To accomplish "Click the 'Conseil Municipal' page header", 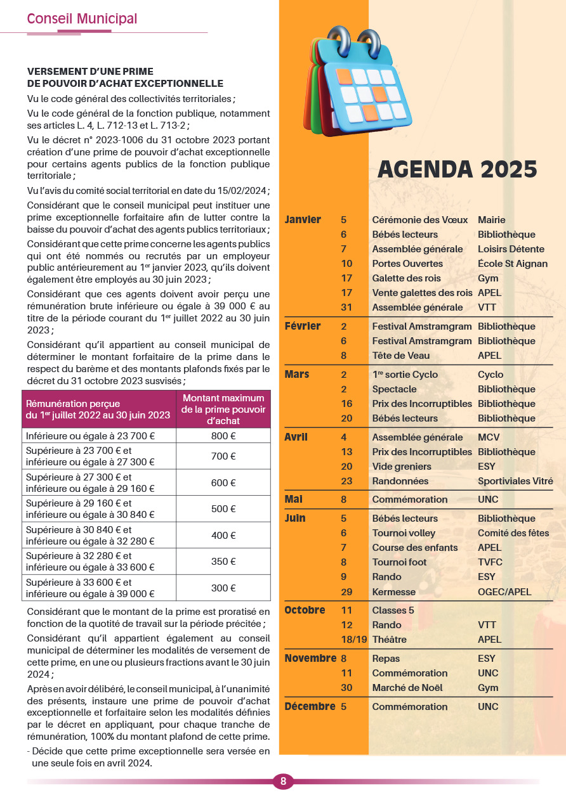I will pyautogui.click(x=82, y=19).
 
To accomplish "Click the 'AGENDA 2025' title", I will pyautogui.click(x=457, y=169).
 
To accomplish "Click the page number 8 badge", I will pyautogui.click(x=283, y=782).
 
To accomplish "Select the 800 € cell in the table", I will pyautogui.click(x=223, y=435).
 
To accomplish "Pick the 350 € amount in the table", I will pyautogui.click(x=223, y=561).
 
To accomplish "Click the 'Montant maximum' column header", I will pyautogui.click(x=223, y=409).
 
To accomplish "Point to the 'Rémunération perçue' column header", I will pyautogui.click(x=98, y=409).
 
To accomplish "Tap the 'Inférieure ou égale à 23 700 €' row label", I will pyautogui.click(x=91, y=435).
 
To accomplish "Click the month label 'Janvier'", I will pyautogui.click(x=303, y=220).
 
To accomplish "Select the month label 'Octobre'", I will pyautogui.click(x=305, y=610).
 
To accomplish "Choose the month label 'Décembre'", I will pyautogui.click(x=309, y=706).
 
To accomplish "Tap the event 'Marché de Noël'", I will pyautogui.click(x=407, y=688).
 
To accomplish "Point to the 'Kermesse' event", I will pyautogui.click(x=394, y=592).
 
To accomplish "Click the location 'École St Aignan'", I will pyautogui.click(x=513, y=264).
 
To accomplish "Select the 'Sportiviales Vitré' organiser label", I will pyautogui.click(x=515, y=481).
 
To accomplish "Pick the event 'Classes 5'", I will pyautogui.click(x=393, y=610).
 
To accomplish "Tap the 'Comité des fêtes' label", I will pyautogui.click(x=513, y=533).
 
